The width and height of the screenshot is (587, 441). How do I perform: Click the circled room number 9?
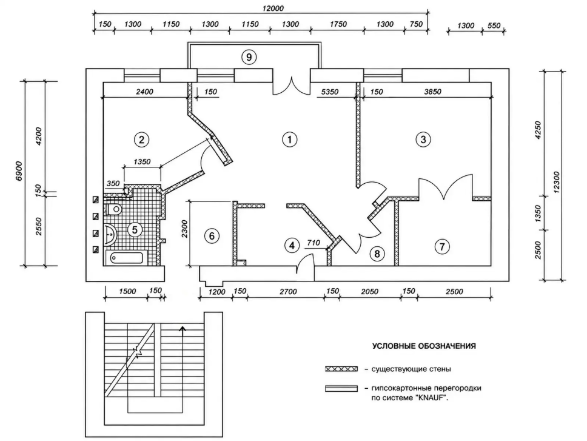click(249, 57)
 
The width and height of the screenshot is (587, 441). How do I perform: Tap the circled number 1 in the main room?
click(289, 140)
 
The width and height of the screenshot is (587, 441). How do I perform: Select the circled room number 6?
click(212, 236)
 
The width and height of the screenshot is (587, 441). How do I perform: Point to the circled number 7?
click(442, 247)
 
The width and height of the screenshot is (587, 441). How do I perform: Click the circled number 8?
click(377, 254)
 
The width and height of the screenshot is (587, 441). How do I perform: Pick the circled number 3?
click(423, 140)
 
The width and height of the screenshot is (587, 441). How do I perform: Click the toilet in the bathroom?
click(114, 209)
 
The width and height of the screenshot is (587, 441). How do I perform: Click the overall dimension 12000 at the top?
click(273, 8)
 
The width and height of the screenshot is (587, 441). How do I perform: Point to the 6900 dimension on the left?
click(19, 171)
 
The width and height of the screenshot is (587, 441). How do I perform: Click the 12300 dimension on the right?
click(557, 183)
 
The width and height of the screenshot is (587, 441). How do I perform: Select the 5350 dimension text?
click(329, 92)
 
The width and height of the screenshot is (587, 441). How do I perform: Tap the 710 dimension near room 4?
click(314, 243)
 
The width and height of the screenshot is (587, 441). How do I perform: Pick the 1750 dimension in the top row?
click(338, 24)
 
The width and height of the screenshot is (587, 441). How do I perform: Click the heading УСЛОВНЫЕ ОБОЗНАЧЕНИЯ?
click(424, 346)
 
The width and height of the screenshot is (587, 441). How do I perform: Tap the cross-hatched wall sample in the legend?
click(341, 369)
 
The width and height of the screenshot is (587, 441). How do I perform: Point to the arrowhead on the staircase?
click(183, 329)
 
